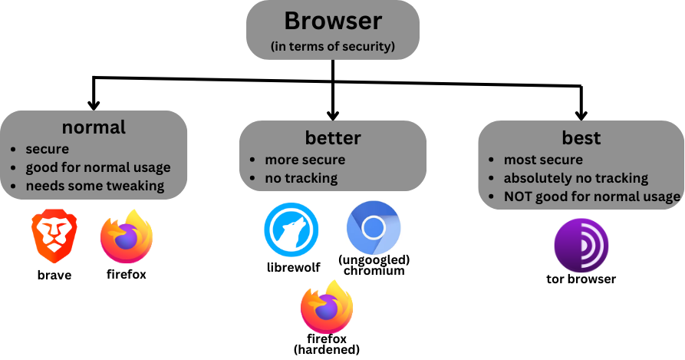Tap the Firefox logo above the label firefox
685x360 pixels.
pyautogui.click(x=127, y=236)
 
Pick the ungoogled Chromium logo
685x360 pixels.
pyautogui.click(x=373, y=228)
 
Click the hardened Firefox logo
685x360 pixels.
pyautogui.click(x=327, y=306)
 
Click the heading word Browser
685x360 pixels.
pyautogui.click(x=332, y=21)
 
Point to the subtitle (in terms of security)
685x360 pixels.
pyautogui.click(x=332, y=47)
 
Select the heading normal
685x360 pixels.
pyautogui.click(x=94, y=127)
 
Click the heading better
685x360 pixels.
pyautogui.click(x=332, y=138)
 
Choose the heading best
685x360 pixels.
pyautogui.click(x=581, y=138)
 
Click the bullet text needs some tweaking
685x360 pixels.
pyautogui.click(x=95, y=185)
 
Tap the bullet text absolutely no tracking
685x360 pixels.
pyautogui.click(x=575, y=178)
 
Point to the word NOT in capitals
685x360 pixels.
pyautogui.click(x=519, y=197)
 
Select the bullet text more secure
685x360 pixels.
pyautogui.click(x=305, y=160)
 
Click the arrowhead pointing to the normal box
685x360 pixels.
pyautogui.click(x=94, y=104)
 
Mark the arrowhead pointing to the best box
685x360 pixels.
pyautogui.click(x=581, y=114)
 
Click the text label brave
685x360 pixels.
pyautogui.click(x=54, y=275)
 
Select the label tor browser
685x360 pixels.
pyautogui.click(x=581, y=279)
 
